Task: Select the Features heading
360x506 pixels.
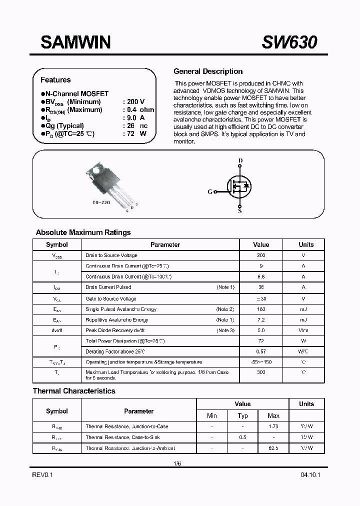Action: tap(55, 80)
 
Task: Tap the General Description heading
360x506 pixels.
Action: tap(207, 71)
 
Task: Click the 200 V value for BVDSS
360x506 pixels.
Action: tap(135, 101)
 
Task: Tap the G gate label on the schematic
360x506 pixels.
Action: tap(209, 191)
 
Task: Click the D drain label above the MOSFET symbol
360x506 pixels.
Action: tap(240, 160)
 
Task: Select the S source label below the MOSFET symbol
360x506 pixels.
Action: tap(240, 211)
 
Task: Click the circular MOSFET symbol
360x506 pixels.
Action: tap(240, 186)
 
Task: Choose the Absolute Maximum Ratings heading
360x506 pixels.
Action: tap(83, 232)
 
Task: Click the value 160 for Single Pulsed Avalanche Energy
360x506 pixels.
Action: tap(261, 309)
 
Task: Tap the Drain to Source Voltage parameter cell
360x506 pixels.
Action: tap(111, 255)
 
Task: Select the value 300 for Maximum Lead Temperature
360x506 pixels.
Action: tap(261, 372)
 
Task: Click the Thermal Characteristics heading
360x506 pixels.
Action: tap(74, 391)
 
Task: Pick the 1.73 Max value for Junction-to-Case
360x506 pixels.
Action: tap(273, 426)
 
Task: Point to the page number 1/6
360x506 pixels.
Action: tap(178, 463)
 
